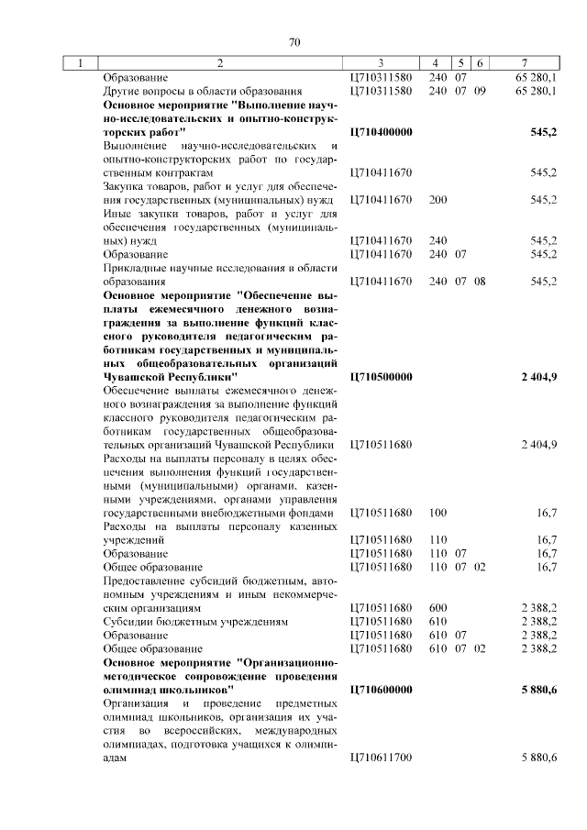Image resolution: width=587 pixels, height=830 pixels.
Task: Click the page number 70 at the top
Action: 293,42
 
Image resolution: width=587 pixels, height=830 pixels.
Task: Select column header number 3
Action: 379,63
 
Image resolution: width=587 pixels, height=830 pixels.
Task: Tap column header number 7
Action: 524,63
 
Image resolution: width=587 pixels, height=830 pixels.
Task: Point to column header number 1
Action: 82,63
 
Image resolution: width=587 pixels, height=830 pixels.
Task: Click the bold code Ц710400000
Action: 381,132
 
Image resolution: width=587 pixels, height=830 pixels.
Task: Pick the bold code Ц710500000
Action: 381,376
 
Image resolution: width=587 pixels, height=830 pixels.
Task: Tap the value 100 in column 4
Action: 437,513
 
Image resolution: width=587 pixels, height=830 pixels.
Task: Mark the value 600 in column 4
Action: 437,607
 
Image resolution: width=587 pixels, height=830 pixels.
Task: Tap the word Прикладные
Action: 134,268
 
